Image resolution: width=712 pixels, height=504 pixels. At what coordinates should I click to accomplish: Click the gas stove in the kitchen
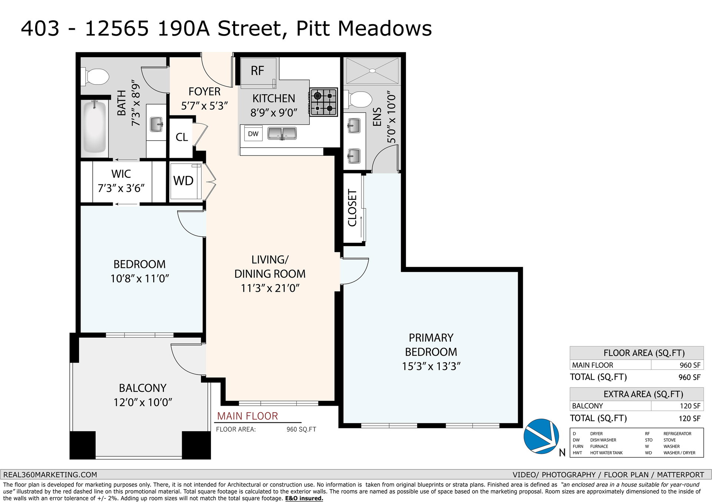click(x=323, y=102)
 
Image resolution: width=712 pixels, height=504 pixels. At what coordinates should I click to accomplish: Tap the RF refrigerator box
click(x=258, y=73)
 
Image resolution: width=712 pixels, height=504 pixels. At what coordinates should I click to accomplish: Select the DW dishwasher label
click(x=253, y=134)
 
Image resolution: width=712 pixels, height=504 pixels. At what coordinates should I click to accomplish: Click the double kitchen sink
click(x=282, y=133)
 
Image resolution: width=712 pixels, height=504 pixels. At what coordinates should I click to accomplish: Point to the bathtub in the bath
click(x=94, y=127)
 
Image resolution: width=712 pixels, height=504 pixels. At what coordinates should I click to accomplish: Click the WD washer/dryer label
click(x=183, y=181)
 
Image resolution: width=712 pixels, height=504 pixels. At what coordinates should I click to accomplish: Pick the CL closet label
click(x=182, y=137)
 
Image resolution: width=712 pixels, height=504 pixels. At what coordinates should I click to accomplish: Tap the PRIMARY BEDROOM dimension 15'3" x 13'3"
click(x=431, y=366)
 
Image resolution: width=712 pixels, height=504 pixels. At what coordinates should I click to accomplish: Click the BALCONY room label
click(x=142, y=388)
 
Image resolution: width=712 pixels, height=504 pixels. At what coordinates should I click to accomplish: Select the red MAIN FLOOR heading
click(x=247, y=416)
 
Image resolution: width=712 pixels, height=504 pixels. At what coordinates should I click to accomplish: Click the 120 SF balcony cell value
click(x=690, y=406)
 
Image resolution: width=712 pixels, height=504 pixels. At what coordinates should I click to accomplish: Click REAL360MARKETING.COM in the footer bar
click(x=50, y=475)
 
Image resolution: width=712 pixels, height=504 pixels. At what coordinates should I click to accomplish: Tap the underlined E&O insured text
click(x=304, y=498)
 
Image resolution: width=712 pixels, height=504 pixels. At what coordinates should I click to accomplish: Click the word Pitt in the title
click(x=313, y=28)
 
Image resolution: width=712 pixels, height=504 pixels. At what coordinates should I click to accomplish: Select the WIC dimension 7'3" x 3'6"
click(x=121, y=189)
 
